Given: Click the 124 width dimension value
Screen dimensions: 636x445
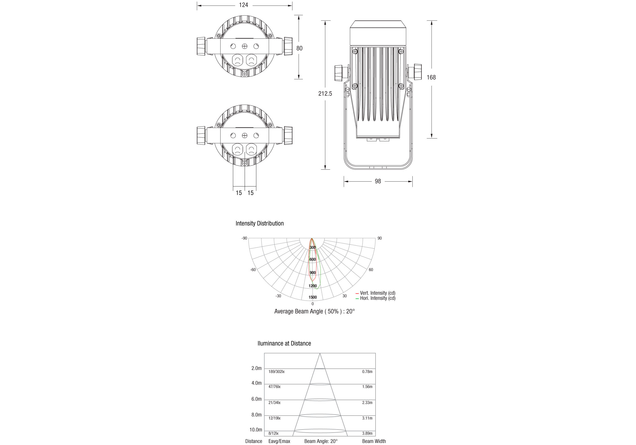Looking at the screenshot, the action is tap(243, 5).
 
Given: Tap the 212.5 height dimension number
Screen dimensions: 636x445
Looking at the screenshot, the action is tap(325, 94).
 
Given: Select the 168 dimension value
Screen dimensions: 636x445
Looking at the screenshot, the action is tap(431, 78).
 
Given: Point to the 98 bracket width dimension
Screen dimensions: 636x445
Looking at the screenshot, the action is tap(378, 181).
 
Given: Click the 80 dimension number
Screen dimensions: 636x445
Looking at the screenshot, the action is tap(299, 48).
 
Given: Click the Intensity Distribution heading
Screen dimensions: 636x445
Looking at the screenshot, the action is tap(260, 223).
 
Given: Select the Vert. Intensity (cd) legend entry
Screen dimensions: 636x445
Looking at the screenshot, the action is tap(376, 293).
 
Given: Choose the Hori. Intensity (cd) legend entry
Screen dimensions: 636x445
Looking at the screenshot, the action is tap(376, 298).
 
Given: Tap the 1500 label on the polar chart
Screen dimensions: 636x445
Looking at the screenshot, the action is tap(312, 297).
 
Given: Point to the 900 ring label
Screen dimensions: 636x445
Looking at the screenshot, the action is tap(312, 273).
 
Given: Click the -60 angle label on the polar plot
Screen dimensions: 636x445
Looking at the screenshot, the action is tap(253, 270).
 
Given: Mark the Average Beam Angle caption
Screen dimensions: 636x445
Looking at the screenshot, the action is tap(314, 311).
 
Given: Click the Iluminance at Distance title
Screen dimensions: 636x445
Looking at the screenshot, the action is tap(284, 343).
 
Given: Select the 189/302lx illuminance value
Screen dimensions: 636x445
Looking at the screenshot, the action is tap(276, 372).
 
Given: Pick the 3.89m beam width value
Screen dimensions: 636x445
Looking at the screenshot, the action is tap(367, 433).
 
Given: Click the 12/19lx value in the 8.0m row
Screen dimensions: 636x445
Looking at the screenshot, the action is tap(275, 418).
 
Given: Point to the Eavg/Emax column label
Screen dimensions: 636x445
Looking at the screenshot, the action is tap(279, 441).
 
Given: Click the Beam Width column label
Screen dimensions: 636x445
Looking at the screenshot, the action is tap(374, 441).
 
